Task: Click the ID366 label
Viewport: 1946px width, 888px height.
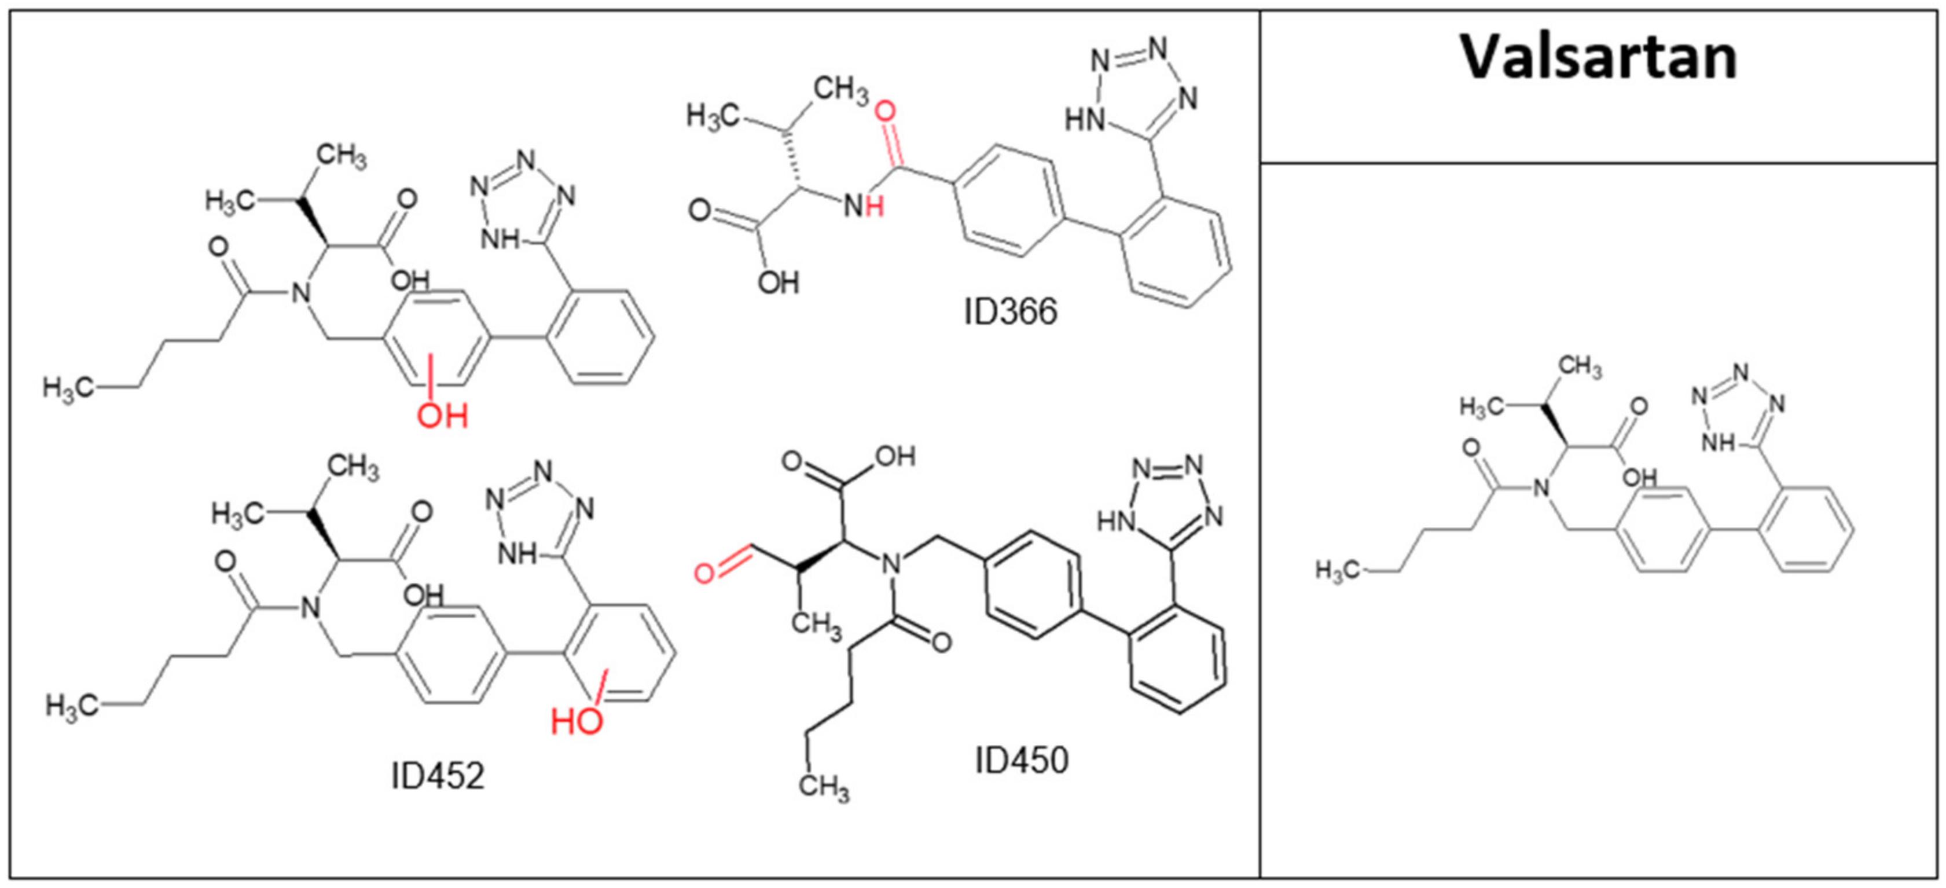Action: [x=1010, y=311]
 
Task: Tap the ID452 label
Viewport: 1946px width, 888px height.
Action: [x=438, y=776]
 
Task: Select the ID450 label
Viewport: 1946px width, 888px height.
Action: [x=1022, y=760]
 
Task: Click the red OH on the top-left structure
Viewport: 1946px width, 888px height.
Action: [x=443, y=416]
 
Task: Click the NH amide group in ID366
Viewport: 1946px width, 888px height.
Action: [x=864, y=206]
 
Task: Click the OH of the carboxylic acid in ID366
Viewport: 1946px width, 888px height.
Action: [x=778, y=284]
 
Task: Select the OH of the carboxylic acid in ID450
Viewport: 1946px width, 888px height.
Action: [x=895, y=457]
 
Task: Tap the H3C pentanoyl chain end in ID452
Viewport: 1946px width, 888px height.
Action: [x=72, y=707]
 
